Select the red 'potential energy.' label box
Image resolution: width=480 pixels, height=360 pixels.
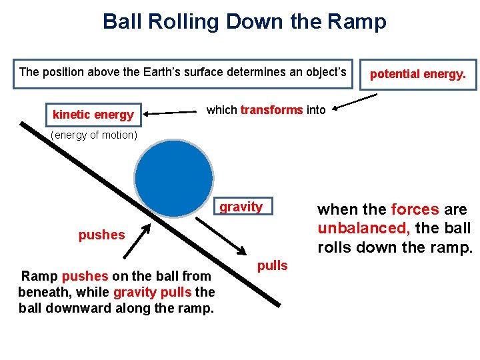[418, 74]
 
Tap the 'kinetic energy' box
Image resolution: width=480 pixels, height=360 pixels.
[93, 115]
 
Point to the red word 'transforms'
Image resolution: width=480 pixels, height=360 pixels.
[271, 110]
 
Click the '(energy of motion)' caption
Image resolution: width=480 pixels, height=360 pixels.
[94, 136]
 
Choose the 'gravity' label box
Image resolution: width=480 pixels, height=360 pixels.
[241, 207]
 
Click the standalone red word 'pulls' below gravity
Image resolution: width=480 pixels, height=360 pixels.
[273, 265]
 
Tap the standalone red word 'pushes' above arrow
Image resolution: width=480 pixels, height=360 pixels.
[101, 235]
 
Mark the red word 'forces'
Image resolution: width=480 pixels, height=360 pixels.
[415, 209]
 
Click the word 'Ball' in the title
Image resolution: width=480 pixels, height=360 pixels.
[121, 22]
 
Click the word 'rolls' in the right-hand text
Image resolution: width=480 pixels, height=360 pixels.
[337, 247]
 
